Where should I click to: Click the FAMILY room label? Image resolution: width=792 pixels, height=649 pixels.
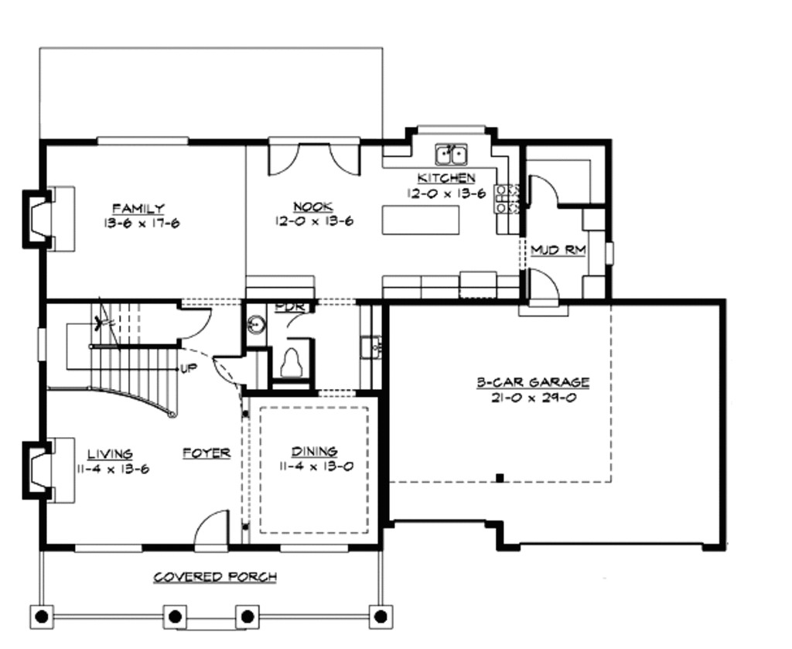(x=138, y=208)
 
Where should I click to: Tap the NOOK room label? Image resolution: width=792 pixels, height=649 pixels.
(x=313, y=207)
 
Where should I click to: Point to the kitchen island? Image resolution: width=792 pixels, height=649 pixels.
(x=420, y=220)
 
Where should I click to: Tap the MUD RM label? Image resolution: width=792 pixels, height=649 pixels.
(x=558, y=251)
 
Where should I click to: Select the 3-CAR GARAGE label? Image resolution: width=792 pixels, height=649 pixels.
(x=532, y=382)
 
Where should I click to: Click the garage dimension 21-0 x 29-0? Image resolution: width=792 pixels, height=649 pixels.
(x=532, y=398)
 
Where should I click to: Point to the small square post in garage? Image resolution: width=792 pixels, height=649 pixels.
(x=500, y=477)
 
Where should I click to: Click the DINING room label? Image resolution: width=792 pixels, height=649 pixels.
(x=314, y=451)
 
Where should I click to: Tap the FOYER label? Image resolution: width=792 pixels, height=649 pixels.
(x=207, y=453)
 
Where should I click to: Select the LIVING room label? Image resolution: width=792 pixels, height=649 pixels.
(x=109, y=454)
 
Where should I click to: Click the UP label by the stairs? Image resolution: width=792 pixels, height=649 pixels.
(x=188, y=368)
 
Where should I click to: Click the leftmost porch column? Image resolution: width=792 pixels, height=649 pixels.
(x=42, y=617)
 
